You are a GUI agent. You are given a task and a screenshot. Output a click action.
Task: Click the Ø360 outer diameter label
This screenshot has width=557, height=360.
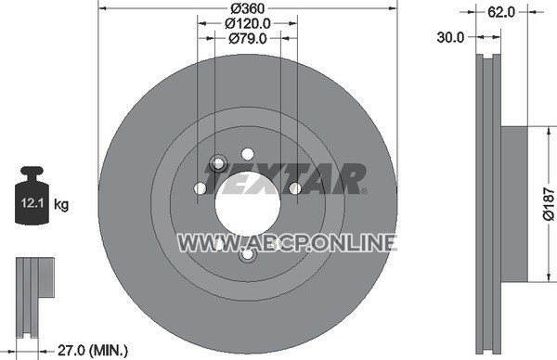click(x=248, y=7)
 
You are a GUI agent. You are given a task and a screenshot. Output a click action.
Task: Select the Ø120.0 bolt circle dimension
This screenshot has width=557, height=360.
click(x=248, y=23)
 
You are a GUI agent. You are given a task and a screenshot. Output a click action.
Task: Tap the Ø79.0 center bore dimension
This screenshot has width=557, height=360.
click(x=248, y=38)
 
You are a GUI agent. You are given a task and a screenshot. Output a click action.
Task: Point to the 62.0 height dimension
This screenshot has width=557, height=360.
click(x=501, y=12)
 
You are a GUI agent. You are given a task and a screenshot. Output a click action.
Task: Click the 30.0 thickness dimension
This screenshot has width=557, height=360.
click(x=450, y=37)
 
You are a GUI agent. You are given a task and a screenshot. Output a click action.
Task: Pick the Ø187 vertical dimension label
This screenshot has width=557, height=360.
click(x=549, y=204)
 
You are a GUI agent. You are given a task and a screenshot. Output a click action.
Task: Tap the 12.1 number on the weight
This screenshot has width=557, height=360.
click(x=32, y=203)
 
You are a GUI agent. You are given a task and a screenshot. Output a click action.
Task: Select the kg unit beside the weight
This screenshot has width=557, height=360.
click(x=61, y=205)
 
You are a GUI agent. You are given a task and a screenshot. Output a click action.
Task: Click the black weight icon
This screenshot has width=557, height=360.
click(x=32, y=195)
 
